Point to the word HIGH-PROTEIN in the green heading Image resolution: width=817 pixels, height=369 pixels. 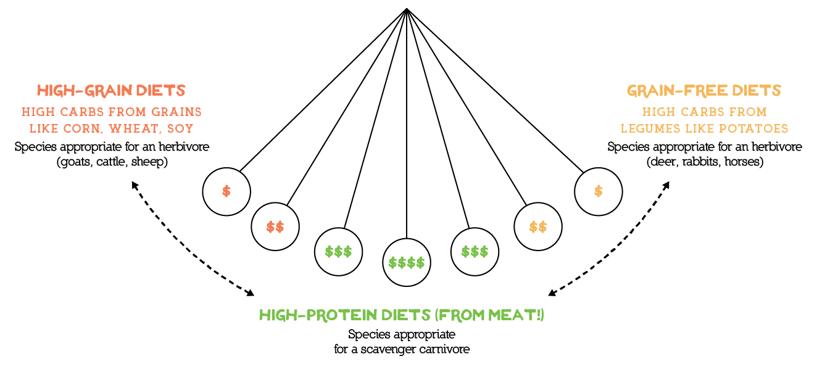click(318, 315)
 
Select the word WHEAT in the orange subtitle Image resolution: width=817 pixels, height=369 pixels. click(134, 129)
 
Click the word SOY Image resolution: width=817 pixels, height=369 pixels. click(181, 129)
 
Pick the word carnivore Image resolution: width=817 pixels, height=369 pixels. click(445, 349)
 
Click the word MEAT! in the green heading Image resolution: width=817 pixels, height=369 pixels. click(513, 315)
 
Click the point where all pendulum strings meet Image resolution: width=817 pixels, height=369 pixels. click(407, 9)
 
